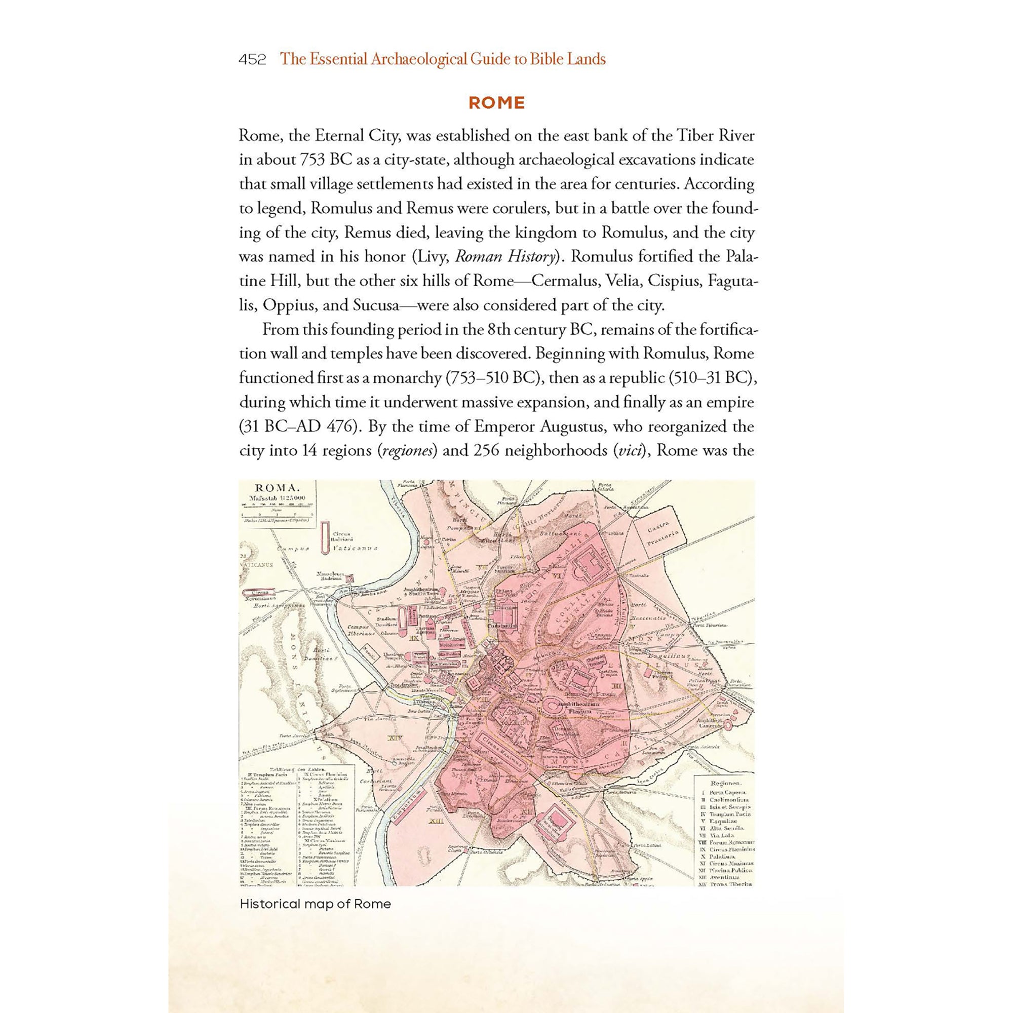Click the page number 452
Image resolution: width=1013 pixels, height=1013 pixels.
point(252,60)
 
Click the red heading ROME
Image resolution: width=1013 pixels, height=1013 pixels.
point(496,103)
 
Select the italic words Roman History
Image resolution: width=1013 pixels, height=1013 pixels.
point(504,257)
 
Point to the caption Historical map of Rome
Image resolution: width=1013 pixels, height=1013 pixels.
point(315,904)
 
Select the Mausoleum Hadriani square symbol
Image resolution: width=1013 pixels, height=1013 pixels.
point(352,578)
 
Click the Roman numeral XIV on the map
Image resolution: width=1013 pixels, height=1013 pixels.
point(394,738)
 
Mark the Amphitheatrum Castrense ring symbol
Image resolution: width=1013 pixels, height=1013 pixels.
point(728,724)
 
